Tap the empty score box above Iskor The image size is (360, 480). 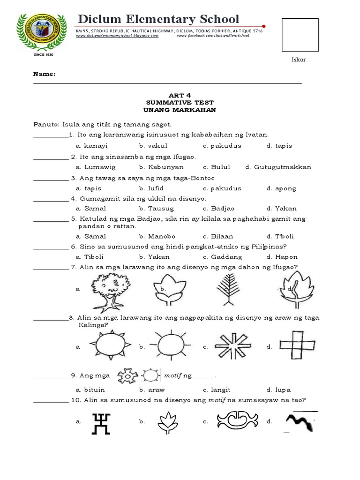pyautogui.click(x=300, y=35)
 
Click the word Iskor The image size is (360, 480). pyautogui.click(x=299, y=60)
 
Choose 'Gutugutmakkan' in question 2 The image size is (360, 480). pyautogui.click(x=282, y=167)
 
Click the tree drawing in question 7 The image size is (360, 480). pyautogui.click(x=110, y=291)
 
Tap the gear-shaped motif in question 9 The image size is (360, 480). pyautogui.click(x=127, y=375)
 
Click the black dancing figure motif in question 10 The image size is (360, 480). pyautogui.click(x=102, y=423)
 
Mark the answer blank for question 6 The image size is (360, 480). pyautogui.click(x=51, y=247)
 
